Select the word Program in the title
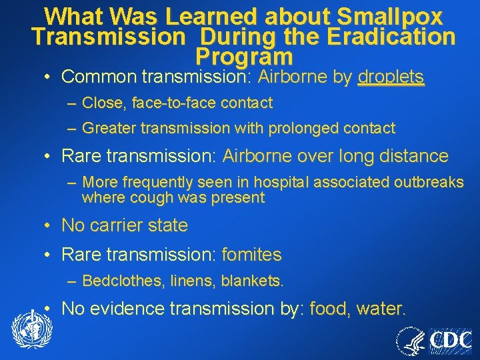point(244,56)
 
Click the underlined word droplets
point(391,77)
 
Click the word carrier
point(120,225)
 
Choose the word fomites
point(251,255)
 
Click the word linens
point(181,281)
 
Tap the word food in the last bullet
point(330,309)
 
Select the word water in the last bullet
point(381,309)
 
